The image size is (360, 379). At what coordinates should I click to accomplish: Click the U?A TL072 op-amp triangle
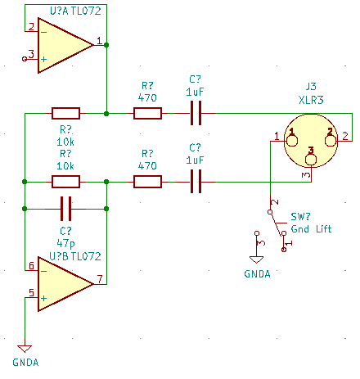coord(63,45)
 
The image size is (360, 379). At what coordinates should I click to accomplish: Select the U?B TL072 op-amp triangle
coord(63,284)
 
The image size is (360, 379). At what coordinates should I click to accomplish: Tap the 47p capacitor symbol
coord(65,209)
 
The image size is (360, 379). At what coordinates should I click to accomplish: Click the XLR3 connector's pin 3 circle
coord(311,160)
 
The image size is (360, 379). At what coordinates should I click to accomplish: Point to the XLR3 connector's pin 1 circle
coord(291,141)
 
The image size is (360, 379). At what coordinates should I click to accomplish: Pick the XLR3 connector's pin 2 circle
coord(331,141)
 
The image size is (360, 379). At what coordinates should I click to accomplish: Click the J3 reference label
coord(311,87)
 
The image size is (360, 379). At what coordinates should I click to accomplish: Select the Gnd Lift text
coord(311,228)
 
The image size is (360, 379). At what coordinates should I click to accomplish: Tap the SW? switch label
coord(300,217)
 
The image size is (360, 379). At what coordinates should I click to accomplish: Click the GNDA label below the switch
coord(257,274)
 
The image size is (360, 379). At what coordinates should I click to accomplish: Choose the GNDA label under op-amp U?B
coord(25,363)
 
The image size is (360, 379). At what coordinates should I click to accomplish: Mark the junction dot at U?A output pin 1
coord(106,45)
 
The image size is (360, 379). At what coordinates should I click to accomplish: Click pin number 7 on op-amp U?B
coord(100,279)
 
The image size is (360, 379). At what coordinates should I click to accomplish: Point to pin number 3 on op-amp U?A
coord(31,54)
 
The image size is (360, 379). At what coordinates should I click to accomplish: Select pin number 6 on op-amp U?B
coord(31,265)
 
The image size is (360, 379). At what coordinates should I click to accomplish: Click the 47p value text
coord(65,243)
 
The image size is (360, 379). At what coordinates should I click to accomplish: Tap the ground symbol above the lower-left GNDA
coord(25,349)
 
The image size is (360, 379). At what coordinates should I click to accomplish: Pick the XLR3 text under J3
coord(311,100)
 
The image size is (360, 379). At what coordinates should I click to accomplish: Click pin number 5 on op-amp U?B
coord(31,293)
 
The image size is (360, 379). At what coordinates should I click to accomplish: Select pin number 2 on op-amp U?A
coord(31,27)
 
